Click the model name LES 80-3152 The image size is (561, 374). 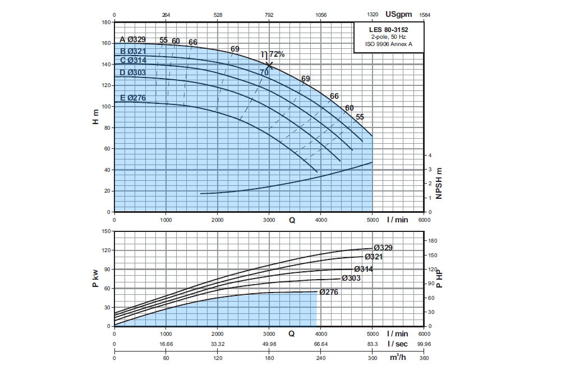[x=388, y=29]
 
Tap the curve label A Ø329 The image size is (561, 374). [x=132, y=39]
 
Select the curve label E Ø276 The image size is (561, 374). [x=132, y=98]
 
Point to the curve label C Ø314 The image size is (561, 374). [x=132, y=60]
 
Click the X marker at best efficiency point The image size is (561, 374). [x=269, y=65]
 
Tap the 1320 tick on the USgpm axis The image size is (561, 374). [x=373, y=15]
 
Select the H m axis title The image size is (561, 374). [x=95, y=117]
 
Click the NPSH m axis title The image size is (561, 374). [x=439, y=183]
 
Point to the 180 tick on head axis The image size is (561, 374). [x=105, y=22]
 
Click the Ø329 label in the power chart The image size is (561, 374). [x=383, y=248]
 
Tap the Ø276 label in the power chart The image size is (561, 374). [x=330, y=292]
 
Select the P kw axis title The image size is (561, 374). [x=95, y=278]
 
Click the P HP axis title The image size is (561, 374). [x=439, y=278]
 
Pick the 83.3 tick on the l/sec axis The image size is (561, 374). [x=373, y=344]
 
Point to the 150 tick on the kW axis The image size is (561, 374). [x=105, y=231]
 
